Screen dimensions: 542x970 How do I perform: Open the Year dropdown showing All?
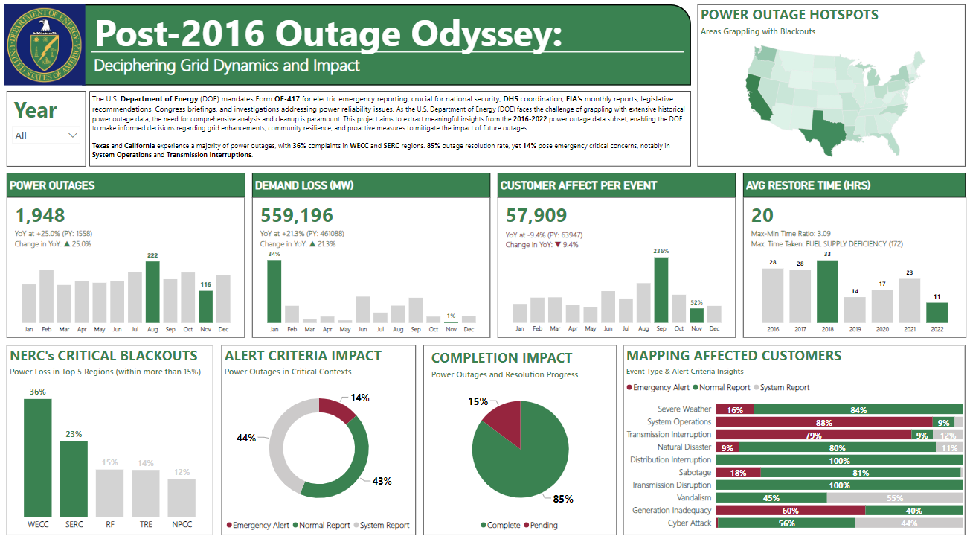pyautogui.click(x=47, y=135)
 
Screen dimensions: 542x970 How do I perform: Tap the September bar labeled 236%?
pyautogui.click(x=661, y=290)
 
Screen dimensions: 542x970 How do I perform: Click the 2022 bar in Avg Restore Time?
pyautogui.click(x=937, y=312)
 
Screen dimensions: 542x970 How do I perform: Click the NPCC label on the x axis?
pyautogui.click(x=182, y=524)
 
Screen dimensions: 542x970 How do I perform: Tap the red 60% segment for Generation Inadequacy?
pyautogui.click(x=790, y=511)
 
